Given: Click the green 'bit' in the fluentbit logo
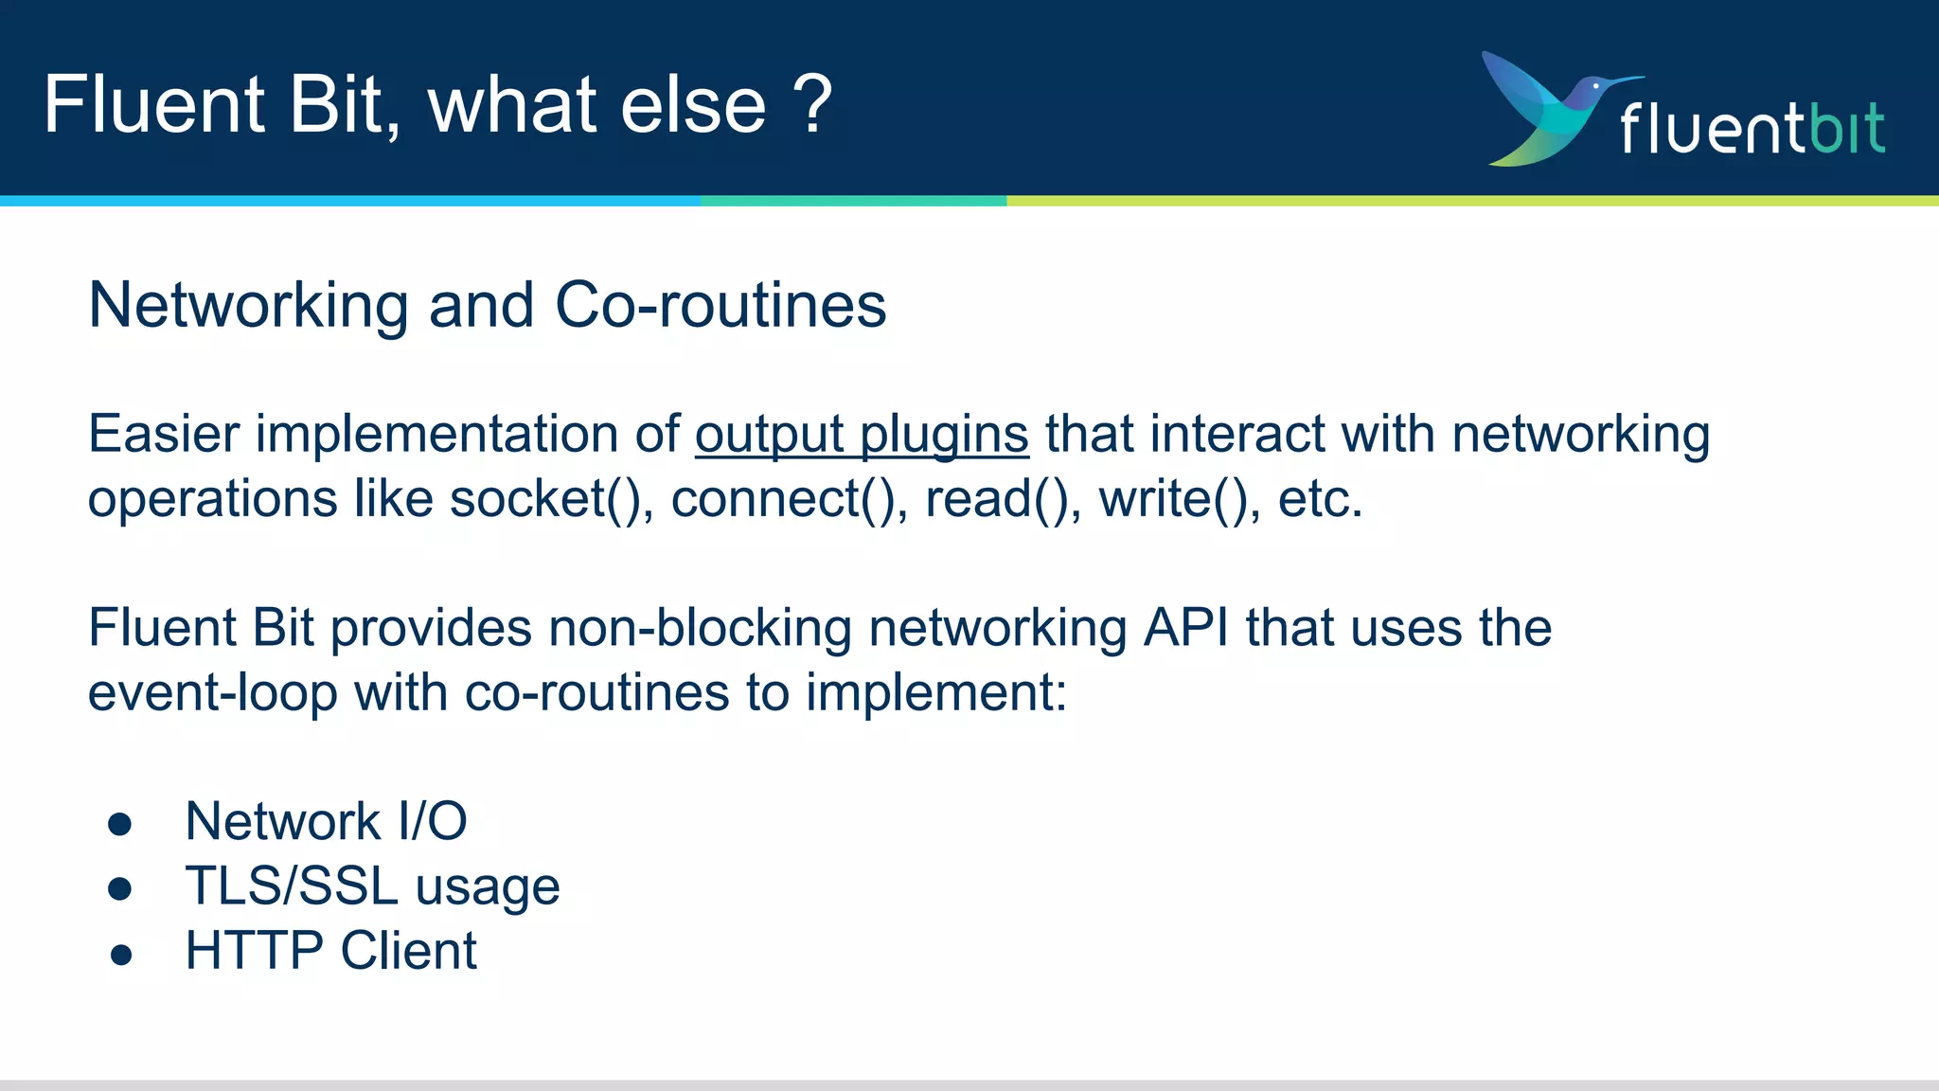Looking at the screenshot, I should click(x=1846, y=128).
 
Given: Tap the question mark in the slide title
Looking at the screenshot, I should click(x=812, y=104).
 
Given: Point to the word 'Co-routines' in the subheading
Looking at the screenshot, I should click(x=720, y=306).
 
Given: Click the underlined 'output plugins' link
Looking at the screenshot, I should click(x=862, y=435).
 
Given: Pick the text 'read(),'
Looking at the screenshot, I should click(x=1003, y=499).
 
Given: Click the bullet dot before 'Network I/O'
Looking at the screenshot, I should click(x=119, y=824).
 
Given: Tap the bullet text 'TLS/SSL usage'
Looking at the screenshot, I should click(x=372, y=886).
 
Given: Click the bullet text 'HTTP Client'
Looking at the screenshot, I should click(x=330, y=951).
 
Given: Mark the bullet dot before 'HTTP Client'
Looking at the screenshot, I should click(x=119, y=954).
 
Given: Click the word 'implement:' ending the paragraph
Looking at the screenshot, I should click(x=935, y=692).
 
